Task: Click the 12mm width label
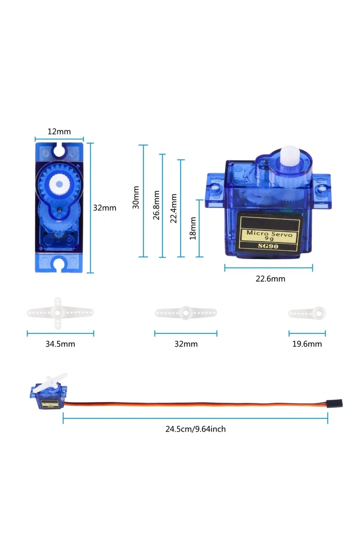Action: [59, 132]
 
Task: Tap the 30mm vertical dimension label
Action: [136, 197]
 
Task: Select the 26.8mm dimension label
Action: [157, 205]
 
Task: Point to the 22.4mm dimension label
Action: [174, 208]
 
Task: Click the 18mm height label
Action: [193, 228]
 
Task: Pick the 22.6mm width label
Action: [270, 279]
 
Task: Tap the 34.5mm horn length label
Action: [60, 344]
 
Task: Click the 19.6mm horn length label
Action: [307, 344]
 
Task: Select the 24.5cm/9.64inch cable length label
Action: [195, 429]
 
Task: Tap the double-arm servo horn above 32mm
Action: [186, 313]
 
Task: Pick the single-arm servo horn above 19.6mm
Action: [307, 313]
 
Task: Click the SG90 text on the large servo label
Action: [268, 246]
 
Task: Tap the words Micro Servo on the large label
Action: [269, 234]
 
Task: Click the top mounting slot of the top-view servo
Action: [59, 150]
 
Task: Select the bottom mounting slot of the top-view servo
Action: [59, 265]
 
